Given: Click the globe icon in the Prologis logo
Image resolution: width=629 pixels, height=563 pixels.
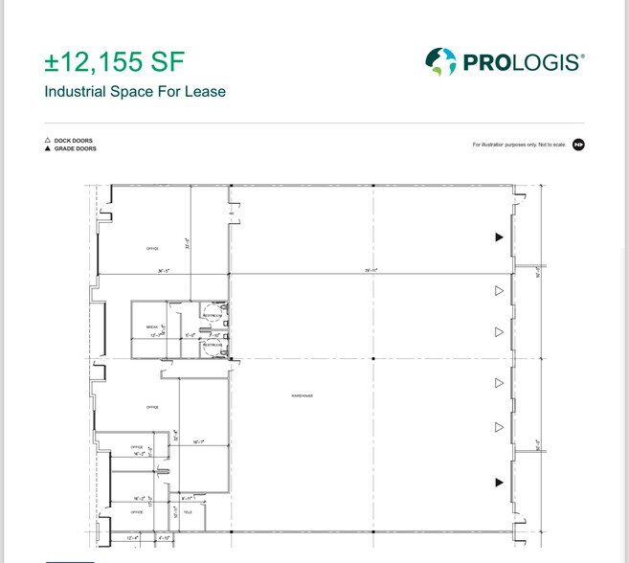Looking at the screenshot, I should pyautogui.click(x=440, y=62).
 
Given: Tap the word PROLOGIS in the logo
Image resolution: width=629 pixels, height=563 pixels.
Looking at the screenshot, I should pyautogui.click(x=521, y=63).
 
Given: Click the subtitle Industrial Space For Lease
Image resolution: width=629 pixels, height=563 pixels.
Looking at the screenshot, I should pyautogui.click(x=135, y=93).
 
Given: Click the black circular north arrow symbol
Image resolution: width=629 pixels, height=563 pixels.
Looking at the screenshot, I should pyautogui.click(x=578, y=145).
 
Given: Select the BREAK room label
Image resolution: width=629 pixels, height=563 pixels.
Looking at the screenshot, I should pyautogui.click(x=151, y=327).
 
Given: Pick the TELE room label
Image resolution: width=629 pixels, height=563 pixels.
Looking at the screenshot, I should pyautogui.click(x=188, y=512).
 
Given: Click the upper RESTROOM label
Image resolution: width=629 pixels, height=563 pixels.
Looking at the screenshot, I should pyautogui.click(x=213, y=313).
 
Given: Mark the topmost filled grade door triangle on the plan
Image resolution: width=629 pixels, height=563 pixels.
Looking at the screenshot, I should pyautogui.click(x=498, y=236).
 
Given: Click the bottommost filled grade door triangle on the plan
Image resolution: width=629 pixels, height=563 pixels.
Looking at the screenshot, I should pyautogui.click(x=498, y=483).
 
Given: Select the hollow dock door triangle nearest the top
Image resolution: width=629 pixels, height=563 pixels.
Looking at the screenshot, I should pyautogui.click(x=498, y=290).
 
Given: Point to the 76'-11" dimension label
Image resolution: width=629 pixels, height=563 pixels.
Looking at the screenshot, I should pyautogui.click(x=371, y=271).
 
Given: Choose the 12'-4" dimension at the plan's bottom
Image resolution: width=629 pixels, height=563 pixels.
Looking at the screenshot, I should pyautogui.click(x=133, y=539).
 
